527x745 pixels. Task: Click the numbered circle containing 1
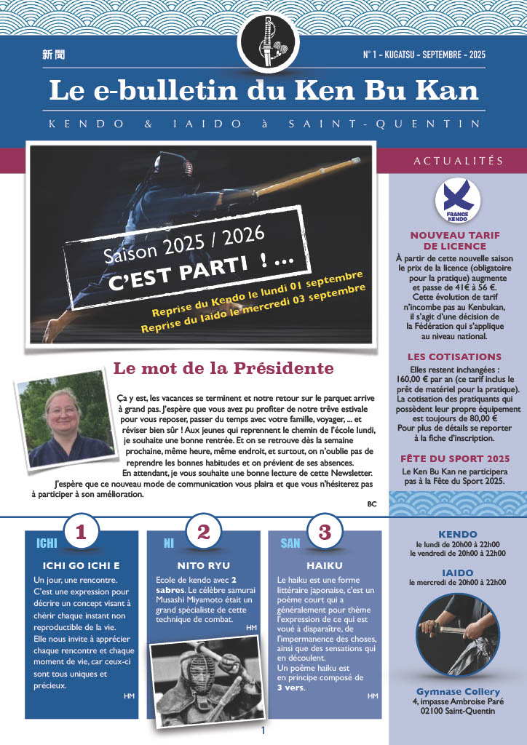click(x=81, y=533)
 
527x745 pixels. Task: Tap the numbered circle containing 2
click(x=203, y=533)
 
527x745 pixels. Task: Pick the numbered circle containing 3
click(x=320, y=533)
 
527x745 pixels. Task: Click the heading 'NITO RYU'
click(x=203, y=565)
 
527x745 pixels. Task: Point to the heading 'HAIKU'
click(x=320, y=565)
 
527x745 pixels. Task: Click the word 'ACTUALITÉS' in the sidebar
click(x=458, y=161)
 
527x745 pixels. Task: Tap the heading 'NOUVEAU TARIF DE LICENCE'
click(x=457, y=241)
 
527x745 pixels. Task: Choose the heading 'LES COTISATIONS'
click(x=454, y=357)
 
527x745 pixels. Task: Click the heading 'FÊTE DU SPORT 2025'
click(x=455, y=459)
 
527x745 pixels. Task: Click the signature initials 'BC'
click(x=372, y=503)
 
